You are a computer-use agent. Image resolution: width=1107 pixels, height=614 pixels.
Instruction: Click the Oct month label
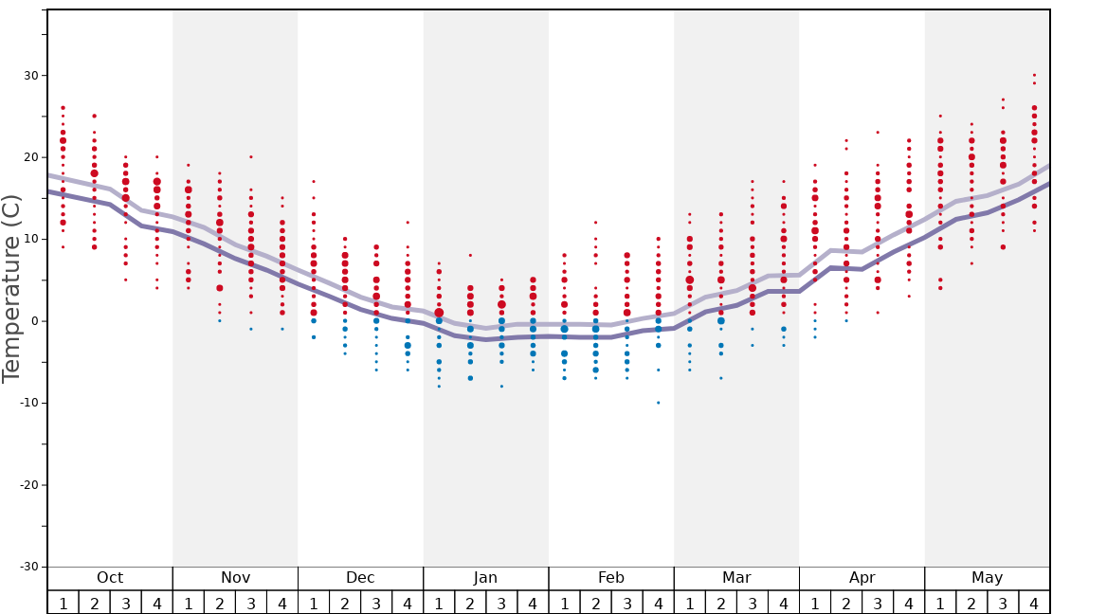[110, 578]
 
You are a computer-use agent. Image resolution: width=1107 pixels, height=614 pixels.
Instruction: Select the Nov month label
[235, 578]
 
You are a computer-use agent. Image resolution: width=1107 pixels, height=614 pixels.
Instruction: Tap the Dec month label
[360, 578]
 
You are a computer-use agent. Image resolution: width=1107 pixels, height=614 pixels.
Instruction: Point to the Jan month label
[485, 578]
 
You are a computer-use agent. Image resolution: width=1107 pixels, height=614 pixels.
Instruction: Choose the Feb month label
[611, 578]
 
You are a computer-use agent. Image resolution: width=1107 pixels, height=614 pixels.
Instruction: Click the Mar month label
[736, 578]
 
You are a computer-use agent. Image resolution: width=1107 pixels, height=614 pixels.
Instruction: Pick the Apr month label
[862, 578]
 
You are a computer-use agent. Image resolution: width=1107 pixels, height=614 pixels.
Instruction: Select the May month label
[987, 578]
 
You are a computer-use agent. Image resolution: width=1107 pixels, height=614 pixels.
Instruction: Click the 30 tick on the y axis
[30, 76]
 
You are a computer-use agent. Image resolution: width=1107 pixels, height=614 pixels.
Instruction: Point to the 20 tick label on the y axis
[30, 157]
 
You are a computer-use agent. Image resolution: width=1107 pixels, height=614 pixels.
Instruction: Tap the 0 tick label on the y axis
[34, 321]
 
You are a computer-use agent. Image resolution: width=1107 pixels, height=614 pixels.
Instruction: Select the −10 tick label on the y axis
[27, 403]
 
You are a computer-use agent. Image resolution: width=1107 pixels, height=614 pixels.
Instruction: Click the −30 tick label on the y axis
[27, 567]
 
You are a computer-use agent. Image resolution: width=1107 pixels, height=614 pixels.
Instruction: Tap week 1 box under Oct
[63, 603]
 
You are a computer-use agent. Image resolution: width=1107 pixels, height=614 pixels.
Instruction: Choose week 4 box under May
[1034, 603]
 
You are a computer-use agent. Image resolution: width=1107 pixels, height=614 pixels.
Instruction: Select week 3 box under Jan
[501, 603]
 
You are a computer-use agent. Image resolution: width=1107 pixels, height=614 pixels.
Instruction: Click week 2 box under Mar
[721, 603]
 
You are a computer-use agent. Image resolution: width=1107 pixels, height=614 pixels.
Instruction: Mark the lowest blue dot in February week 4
[659, 403]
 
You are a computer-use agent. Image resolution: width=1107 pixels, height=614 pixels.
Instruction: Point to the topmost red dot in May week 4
[1034, 75]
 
